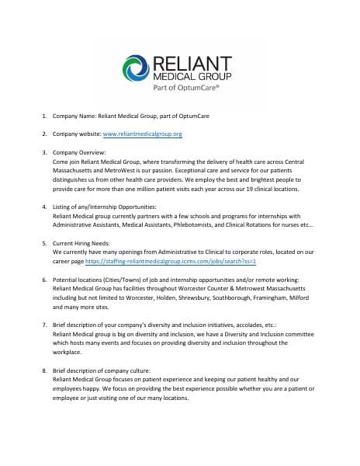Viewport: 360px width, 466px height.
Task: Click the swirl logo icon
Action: [138, 68]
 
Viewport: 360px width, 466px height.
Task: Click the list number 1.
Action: [43, 116]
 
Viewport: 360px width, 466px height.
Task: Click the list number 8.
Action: [43, 371]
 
